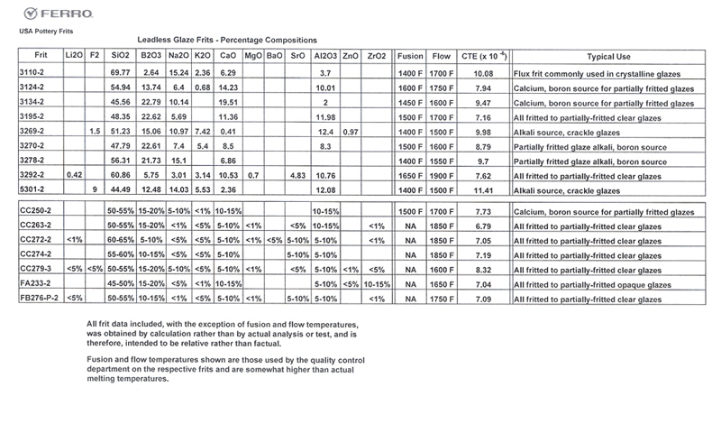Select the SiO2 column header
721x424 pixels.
pos(119,56)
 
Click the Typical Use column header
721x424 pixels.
pos(611,56)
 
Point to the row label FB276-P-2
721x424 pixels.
pos(39,297)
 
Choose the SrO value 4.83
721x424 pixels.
pos(297,175)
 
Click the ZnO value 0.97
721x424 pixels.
pos(351,131)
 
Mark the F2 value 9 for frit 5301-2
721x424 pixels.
pos(94,190)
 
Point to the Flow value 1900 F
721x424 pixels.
pos(441,175)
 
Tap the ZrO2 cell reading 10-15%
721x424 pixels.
pos(377,281)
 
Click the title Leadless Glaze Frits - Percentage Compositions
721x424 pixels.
pos(226,41)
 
